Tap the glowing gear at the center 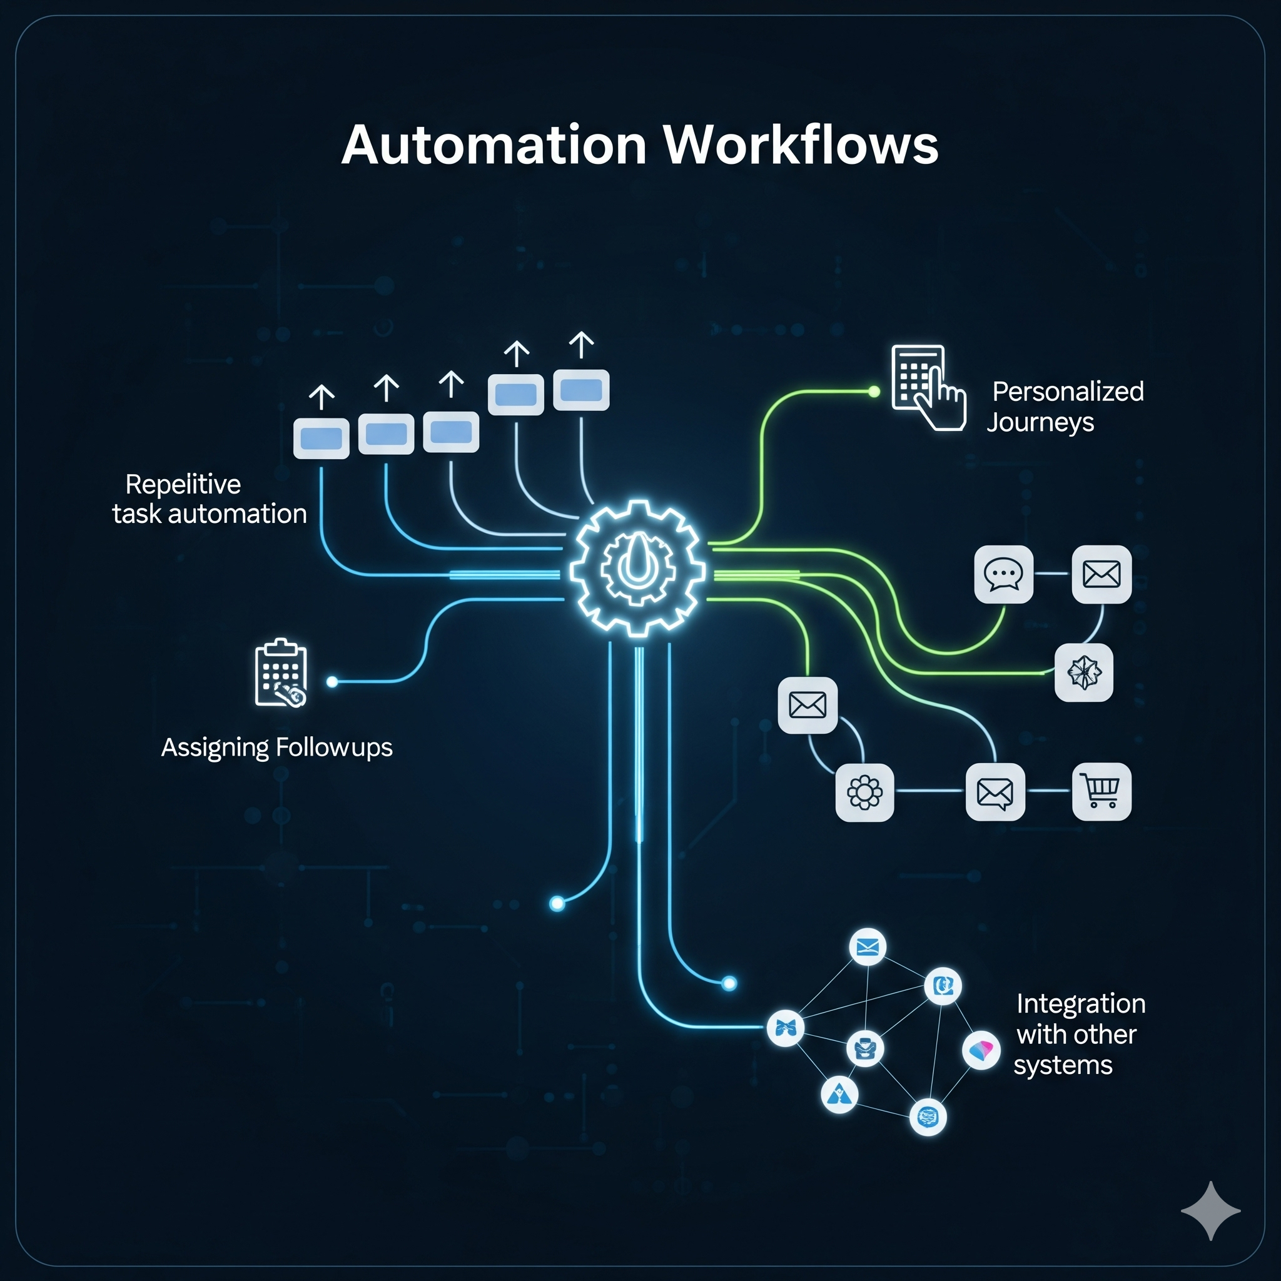point(638,569)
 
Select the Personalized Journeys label point(1065,407)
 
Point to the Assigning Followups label point(276,747)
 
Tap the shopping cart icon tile point(1101,792)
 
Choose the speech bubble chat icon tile point(1003,574)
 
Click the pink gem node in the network point(981,1050)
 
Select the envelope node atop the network point(868,947)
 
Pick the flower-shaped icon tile point(864,792)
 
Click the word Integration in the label point(1081,1004)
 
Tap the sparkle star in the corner point(1210,1211)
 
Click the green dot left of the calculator point(874,392)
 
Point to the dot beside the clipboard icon point(332,682)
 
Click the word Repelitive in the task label point(183,485)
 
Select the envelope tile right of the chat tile point(1101,574)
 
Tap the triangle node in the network point(839,1094)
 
